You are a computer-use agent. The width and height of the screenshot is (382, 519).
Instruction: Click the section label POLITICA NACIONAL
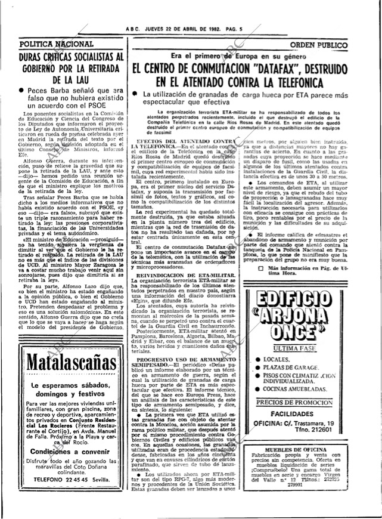57,44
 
